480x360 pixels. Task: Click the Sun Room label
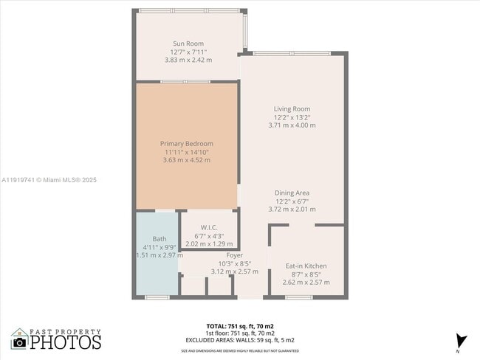188,44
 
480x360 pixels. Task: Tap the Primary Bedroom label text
186,143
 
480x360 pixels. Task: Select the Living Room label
292,109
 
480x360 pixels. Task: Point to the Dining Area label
292,193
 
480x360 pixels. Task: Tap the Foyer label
235,255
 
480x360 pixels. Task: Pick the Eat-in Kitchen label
306,266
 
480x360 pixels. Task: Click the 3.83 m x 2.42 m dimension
188,60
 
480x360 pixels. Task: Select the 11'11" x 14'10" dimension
186,152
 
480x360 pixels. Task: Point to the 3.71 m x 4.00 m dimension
292,125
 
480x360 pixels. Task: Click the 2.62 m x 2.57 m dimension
306,282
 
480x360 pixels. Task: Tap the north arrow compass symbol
462,341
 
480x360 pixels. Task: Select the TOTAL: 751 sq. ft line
241,325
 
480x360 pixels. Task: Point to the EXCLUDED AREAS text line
241,339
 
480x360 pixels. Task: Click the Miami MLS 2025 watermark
49,179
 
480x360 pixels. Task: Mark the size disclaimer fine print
241,350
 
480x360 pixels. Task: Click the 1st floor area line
241,333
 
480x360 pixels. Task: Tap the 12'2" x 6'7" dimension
292,201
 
